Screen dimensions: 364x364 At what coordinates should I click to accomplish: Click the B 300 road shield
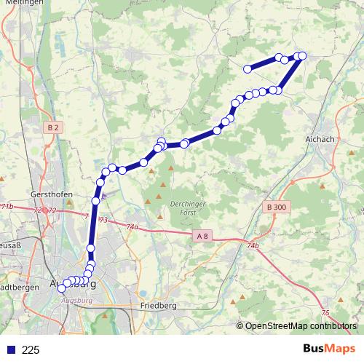277,207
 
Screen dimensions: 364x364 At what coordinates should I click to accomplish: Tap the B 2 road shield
52,128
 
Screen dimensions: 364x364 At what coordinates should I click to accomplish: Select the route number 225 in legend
31,350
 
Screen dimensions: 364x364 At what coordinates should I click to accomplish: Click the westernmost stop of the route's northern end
248,69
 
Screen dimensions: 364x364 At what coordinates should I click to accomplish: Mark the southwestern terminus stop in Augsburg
61,289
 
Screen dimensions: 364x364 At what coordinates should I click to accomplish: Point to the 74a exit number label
132,227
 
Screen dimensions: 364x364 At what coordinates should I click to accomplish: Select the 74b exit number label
253,247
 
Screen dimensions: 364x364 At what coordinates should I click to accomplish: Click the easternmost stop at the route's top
302,56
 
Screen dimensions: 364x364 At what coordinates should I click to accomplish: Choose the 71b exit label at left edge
7,208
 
